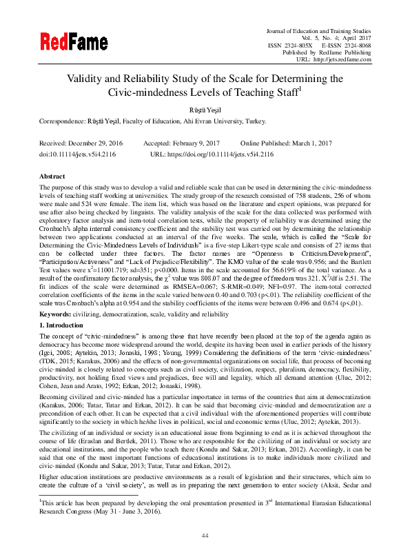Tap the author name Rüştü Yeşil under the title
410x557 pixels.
coord(205,108)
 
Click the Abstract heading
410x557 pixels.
coord(53,176)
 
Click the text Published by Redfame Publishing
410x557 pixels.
coord(325,52)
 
